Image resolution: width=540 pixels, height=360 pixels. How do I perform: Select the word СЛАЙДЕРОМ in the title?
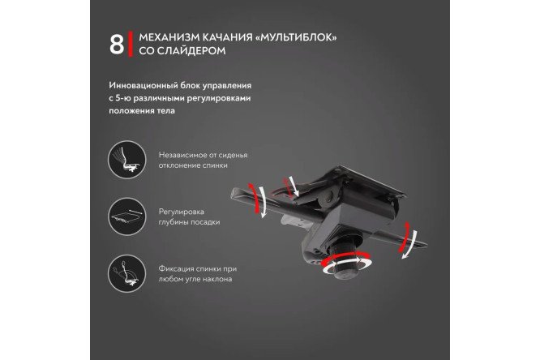191,51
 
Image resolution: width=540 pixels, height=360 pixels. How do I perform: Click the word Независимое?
179,153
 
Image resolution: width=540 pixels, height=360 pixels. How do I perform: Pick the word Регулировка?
177,211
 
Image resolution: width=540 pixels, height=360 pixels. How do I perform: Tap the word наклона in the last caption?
216,279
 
